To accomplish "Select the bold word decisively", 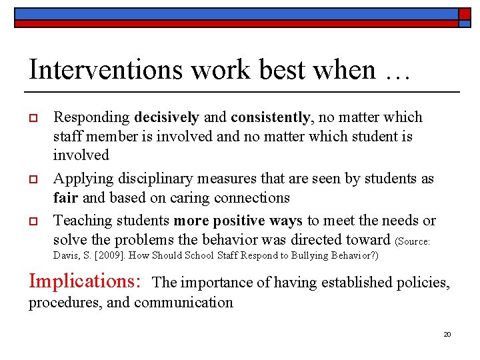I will click(167, 117).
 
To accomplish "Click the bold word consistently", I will click(271, 117).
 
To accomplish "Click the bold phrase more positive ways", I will click(237, 221).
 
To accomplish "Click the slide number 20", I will click(447, 334).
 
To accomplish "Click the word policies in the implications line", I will click(423, 283).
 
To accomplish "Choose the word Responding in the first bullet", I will click(91, 117).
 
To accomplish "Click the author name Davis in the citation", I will click(65, 255).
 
